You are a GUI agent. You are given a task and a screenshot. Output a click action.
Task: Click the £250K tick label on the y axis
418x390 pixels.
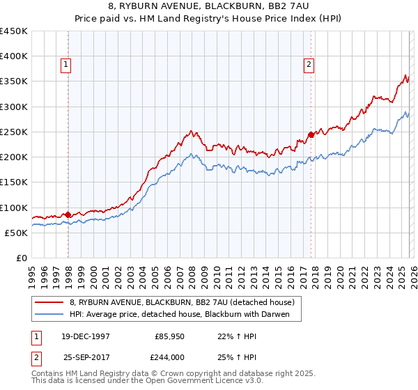[14, 132]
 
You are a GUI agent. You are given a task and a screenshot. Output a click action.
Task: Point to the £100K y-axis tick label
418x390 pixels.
[14, 208]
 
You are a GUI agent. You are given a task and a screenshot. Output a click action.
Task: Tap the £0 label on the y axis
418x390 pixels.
[22, 258]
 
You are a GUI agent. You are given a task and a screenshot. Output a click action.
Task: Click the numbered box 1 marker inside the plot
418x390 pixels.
[65, 65]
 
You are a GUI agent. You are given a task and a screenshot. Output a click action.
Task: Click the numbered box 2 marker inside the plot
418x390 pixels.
[308, 65]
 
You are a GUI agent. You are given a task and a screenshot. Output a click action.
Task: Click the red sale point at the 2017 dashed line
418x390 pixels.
[311, 134]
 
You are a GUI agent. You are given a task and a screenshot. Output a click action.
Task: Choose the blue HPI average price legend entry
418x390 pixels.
[185, 314]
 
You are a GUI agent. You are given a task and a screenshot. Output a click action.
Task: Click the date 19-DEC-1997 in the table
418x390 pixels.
[86, 336]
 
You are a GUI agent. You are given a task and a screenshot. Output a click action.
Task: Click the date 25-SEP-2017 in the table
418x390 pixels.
[86, 356]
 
